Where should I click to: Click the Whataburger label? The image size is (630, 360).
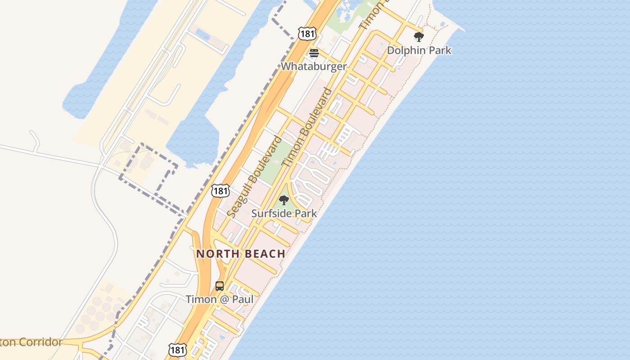314,67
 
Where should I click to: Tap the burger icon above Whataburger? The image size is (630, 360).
314,54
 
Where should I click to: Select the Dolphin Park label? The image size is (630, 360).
419,50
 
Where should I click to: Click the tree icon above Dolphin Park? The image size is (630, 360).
419,37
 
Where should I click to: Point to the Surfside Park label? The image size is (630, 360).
284,213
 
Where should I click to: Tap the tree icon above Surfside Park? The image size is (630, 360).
283,200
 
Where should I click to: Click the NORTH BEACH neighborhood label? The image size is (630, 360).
241,254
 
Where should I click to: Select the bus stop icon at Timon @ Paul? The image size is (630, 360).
220,286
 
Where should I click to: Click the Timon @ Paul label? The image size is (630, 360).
220,299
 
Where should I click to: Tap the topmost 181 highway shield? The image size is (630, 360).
307,33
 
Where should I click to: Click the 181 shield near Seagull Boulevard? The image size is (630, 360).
220,191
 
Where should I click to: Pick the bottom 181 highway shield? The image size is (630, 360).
177,350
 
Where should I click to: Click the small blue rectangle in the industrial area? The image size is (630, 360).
203,35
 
